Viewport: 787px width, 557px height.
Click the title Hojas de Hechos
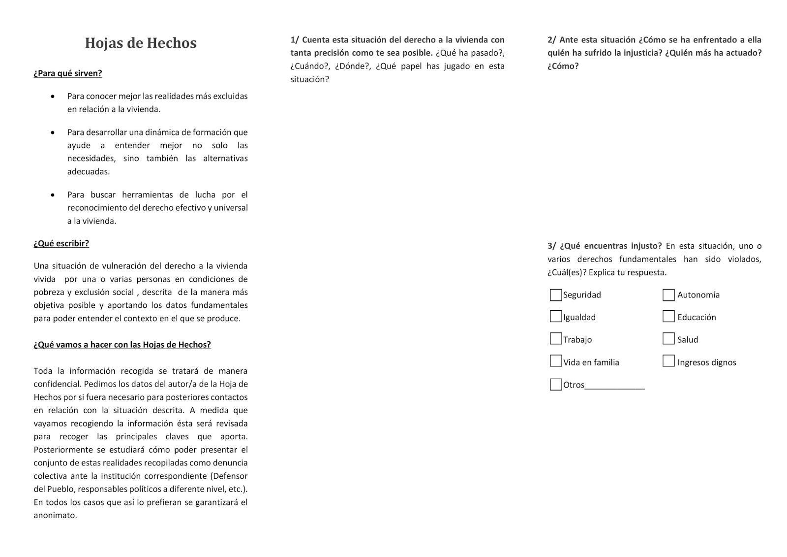[x=141, y=43]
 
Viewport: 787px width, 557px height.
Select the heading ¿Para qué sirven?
[x=68, y=73]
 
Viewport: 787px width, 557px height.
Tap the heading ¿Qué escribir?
[x=61, y=243]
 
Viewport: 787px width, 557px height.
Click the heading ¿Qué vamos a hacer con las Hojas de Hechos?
[x=122, y=345]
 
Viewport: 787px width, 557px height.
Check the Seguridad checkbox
[x=556, y=295]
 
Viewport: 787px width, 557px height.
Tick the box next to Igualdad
[x=556, y=316]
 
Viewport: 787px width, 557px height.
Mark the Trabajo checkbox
[x=556, y=339]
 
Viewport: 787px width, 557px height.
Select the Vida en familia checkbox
[x=556, y=361]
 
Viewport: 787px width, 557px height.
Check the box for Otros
[x=556, y=384]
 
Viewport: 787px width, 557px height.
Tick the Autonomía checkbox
[x=668, y=295]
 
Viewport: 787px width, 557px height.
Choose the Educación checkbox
[x=668, y=316]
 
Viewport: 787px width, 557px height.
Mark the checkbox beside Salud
[x=668, y=339]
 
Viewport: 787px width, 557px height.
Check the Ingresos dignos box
[x=668, y=361]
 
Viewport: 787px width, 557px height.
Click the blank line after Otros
[x=615, y=386]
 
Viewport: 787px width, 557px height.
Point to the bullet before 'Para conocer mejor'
[x=53, y=97]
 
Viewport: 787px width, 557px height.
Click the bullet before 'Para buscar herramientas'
[x=53, y=195]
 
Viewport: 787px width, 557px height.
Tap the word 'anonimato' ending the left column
[x=55, y=516]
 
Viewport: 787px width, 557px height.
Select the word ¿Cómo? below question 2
[x=563, y=66]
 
